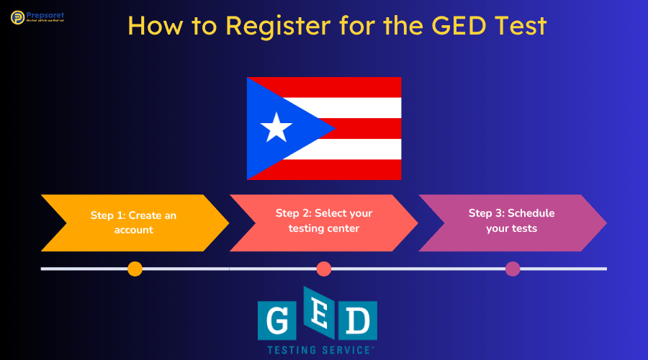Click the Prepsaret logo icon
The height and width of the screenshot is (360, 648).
pyautogui.click(x=17, y=17)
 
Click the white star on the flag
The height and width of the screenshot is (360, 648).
pyautogui.click(x=276, y=128)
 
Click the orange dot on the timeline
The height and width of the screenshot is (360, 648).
pyautogui.click(x=135, y=269)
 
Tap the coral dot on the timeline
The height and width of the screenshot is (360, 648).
pyautogui.click(x=324, y=269)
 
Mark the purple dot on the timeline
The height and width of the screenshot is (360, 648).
pyautogui.click(x=513, y=269)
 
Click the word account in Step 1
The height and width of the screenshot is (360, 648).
pyautogui.click(x=134, y=230)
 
